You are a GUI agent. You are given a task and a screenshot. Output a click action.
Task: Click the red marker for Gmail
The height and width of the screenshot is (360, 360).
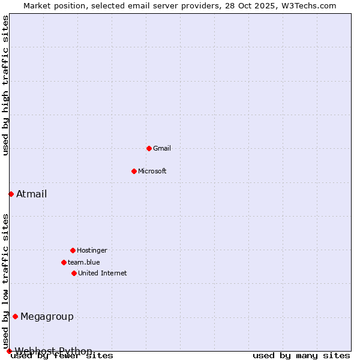[x=149, y=148]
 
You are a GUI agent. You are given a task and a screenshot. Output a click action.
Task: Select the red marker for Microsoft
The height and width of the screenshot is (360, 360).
[x=134, y=171]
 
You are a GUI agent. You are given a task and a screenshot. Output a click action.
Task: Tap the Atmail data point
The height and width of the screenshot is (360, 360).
[x=11, y=194]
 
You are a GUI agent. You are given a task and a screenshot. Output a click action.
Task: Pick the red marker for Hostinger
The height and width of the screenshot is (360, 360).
[x=73, y=250]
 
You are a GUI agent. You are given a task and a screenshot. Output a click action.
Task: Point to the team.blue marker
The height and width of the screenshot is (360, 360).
[x=64, y=262]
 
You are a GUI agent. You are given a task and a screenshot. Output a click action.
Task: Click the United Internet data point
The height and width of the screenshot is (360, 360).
[x=74, y=273]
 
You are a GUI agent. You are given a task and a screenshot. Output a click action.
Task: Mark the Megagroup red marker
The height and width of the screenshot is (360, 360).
[x=15, y=316]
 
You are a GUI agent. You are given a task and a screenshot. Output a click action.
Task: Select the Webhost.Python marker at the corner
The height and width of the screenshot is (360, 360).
[x=9, y=351]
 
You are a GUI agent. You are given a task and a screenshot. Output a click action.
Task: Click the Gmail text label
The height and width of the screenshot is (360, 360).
[x=162, y=148]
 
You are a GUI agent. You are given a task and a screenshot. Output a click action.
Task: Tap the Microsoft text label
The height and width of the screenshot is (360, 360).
[x=152, y=171]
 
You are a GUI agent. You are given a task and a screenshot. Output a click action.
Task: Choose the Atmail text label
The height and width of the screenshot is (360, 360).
[x=31, y=194]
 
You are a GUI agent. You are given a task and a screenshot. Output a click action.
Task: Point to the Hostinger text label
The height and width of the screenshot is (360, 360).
[x=92, y=250]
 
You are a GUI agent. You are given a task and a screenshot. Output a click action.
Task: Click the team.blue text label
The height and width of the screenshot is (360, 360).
[x=84, y=262]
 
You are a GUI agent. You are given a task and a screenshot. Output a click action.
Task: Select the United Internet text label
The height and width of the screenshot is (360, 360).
[x=103, y=273]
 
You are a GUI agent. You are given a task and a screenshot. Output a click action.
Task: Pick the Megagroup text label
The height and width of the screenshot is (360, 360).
[x=47, y=317]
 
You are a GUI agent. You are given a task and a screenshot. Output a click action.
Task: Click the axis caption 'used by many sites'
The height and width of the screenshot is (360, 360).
[x=301, y=356]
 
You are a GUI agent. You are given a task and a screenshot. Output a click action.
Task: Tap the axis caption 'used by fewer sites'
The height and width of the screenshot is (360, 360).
[x=62, y=356]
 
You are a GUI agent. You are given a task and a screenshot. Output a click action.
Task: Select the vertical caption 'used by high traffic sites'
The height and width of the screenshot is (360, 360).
[x=6, y=85]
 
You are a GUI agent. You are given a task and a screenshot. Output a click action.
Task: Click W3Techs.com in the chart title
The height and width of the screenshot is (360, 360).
[x=308, y=5]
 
